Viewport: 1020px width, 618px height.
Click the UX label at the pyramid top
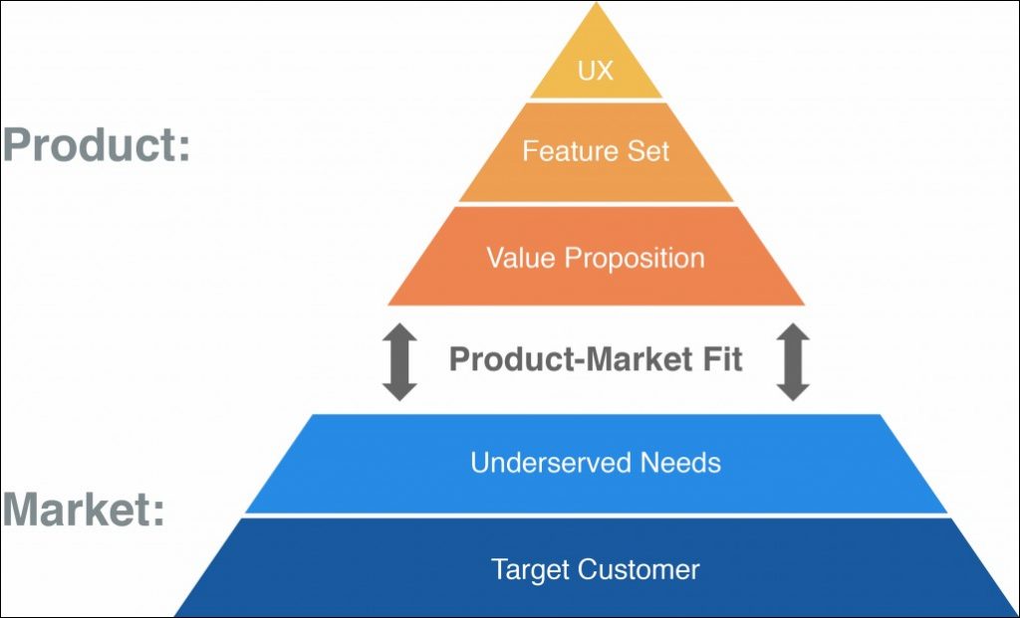[x=596, y=72]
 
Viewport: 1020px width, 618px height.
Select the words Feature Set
[x=596, y=151]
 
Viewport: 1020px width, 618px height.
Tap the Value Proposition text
[x=596, y=258]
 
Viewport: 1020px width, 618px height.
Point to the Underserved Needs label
[x=596, y=463]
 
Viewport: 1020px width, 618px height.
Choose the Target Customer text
[x=596, y=569]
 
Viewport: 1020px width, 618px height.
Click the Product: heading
[x=96, y=146]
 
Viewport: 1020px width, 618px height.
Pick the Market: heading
[x=84, y=511]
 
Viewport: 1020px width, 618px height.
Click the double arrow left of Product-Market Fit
[x=399, y=362]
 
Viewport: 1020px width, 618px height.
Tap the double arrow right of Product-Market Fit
[x=793, y=362]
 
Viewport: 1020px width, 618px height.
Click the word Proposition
[x=635, y=259]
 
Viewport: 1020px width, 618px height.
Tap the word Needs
[x=680, y=463]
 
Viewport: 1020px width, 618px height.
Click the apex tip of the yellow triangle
[x=597, y=4]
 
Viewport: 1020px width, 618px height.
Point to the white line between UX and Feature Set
[x=596, y=100]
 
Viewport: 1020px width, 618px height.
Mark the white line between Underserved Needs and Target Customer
[x=596, y=515]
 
